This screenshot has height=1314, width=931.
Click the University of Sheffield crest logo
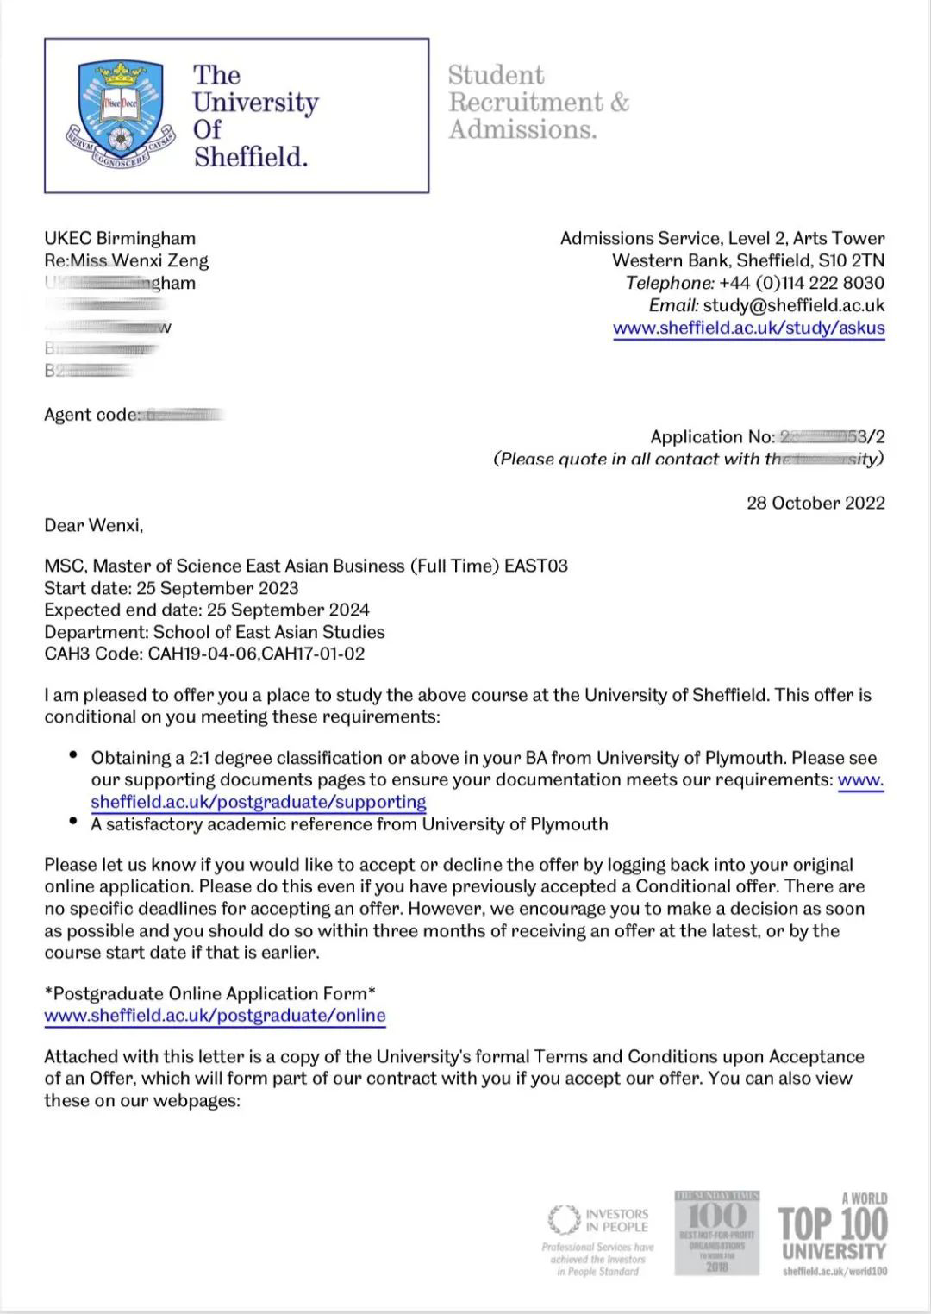click(x=120, y=113)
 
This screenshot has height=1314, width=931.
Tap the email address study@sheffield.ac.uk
click(x=793, y=305)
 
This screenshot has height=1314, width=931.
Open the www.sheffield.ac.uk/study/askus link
click(x=748, y=328)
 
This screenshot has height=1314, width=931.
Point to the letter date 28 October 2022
click(x=815, y=503)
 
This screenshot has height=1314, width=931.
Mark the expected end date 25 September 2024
click(x=289, y=610)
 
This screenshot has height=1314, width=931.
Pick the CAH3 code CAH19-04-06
click(x=203, y=654)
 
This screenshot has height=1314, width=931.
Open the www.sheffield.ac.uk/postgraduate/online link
click(x=215, y=1015)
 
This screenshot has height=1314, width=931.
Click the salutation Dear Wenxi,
click(x=94, y=525)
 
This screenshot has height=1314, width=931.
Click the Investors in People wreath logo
click(x=564, y=1219)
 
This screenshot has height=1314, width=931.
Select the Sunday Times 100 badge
click(x=716, y=1232)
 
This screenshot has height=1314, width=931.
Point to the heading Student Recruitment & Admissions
click(x=538, y=102)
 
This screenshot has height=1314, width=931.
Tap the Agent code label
click(x=91, y=415)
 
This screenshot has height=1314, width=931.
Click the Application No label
click(x=712, y=437)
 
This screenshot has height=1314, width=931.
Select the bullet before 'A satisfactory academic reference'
click(x=73, y=822)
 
